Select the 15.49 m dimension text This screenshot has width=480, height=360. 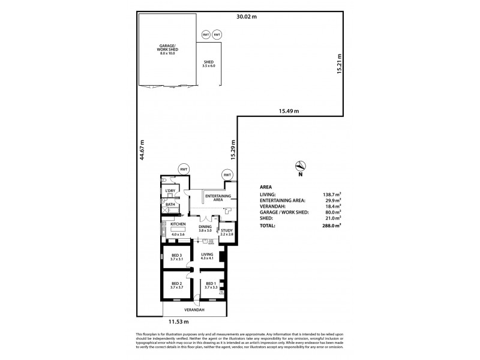point(289,110)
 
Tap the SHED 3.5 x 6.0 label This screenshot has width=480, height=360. point(209,63)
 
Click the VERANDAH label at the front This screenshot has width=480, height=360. point(194,310)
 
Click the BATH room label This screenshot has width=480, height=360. point(169,205)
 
